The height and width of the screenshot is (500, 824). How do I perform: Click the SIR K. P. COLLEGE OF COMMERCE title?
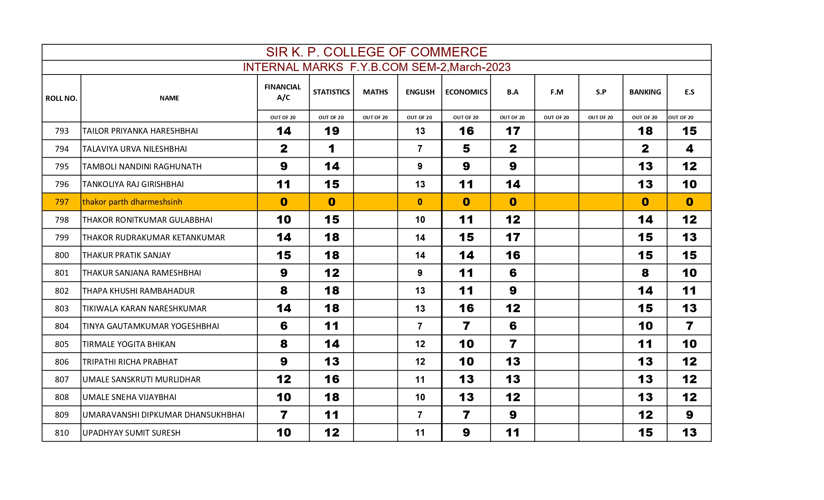376,52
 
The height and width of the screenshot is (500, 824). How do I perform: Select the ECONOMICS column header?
466,92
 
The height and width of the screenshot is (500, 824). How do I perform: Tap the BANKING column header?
645,92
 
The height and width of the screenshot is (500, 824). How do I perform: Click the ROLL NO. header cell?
61,98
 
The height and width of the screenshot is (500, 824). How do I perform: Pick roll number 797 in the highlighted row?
62,202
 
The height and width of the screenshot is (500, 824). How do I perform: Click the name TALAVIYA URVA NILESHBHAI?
135,149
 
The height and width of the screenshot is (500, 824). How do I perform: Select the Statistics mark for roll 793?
332,131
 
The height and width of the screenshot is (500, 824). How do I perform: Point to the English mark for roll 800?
420,255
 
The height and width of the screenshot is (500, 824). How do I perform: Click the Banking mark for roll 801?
645,273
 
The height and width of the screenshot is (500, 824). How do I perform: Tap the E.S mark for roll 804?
689,326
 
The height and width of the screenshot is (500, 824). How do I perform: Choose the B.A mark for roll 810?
512,433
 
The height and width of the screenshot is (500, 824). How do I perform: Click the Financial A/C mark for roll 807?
284,379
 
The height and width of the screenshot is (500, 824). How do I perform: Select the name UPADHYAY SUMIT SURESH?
131,433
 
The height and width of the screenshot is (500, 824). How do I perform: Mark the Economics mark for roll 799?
466,237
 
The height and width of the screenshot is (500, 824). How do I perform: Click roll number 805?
62,344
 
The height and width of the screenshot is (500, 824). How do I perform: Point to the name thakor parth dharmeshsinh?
132,202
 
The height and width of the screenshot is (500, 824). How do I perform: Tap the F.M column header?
557,92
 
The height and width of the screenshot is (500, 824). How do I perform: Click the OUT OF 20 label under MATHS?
375,117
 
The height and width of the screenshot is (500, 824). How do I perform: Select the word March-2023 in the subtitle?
480,67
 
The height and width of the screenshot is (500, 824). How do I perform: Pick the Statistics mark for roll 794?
332,149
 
